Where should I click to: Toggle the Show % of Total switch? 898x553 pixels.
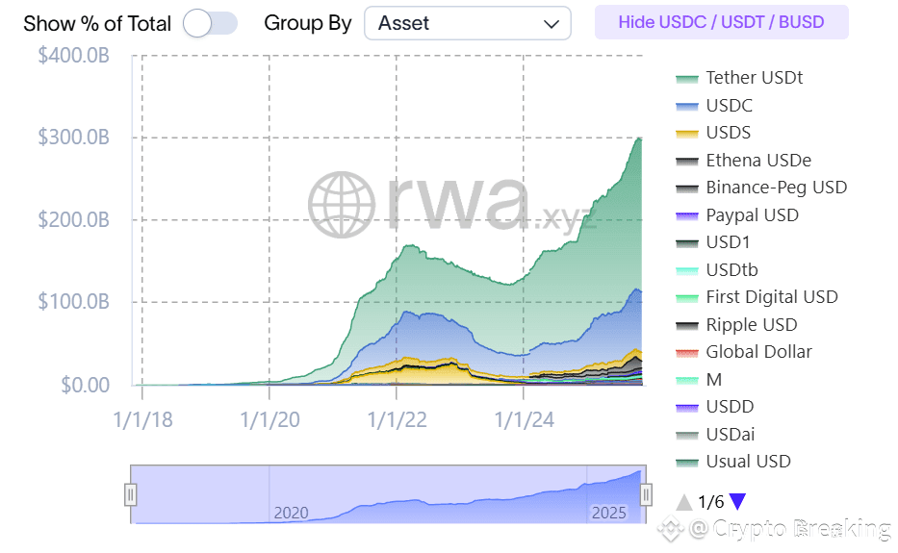(209, 23)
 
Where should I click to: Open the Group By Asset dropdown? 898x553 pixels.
(467, 23)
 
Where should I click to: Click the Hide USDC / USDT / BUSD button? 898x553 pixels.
(721, 22)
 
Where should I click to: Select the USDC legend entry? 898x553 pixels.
(729, 106)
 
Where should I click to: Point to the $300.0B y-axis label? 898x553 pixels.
(73, 138)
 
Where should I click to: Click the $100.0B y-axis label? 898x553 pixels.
(73, 302)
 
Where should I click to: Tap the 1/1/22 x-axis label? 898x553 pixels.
(396, 419)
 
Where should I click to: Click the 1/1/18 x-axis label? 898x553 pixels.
(141, 419)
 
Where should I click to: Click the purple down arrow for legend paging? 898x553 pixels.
(737, 501)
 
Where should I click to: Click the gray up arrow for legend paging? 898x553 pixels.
(684, 501)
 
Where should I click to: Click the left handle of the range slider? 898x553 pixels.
(131, 494)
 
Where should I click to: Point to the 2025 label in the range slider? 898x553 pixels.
(608, 513)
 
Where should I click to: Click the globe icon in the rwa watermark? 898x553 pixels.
(342, 205)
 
